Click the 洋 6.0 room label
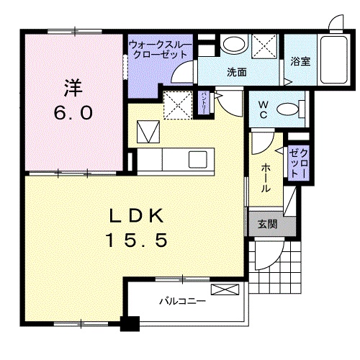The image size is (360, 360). coord(71,102)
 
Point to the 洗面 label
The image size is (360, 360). coord(237,71)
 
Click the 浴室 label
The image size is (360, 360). coord(300,63)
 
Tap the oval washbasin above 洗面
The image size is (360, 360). coord(233,45)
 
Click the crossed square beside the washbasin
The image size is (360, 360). coord(264,46)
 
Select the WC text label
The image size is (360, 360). coord(264,109)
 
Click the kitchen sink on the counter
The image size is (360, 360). coord(197,158)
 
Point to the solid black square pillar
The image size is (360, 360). coord(130,325)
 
